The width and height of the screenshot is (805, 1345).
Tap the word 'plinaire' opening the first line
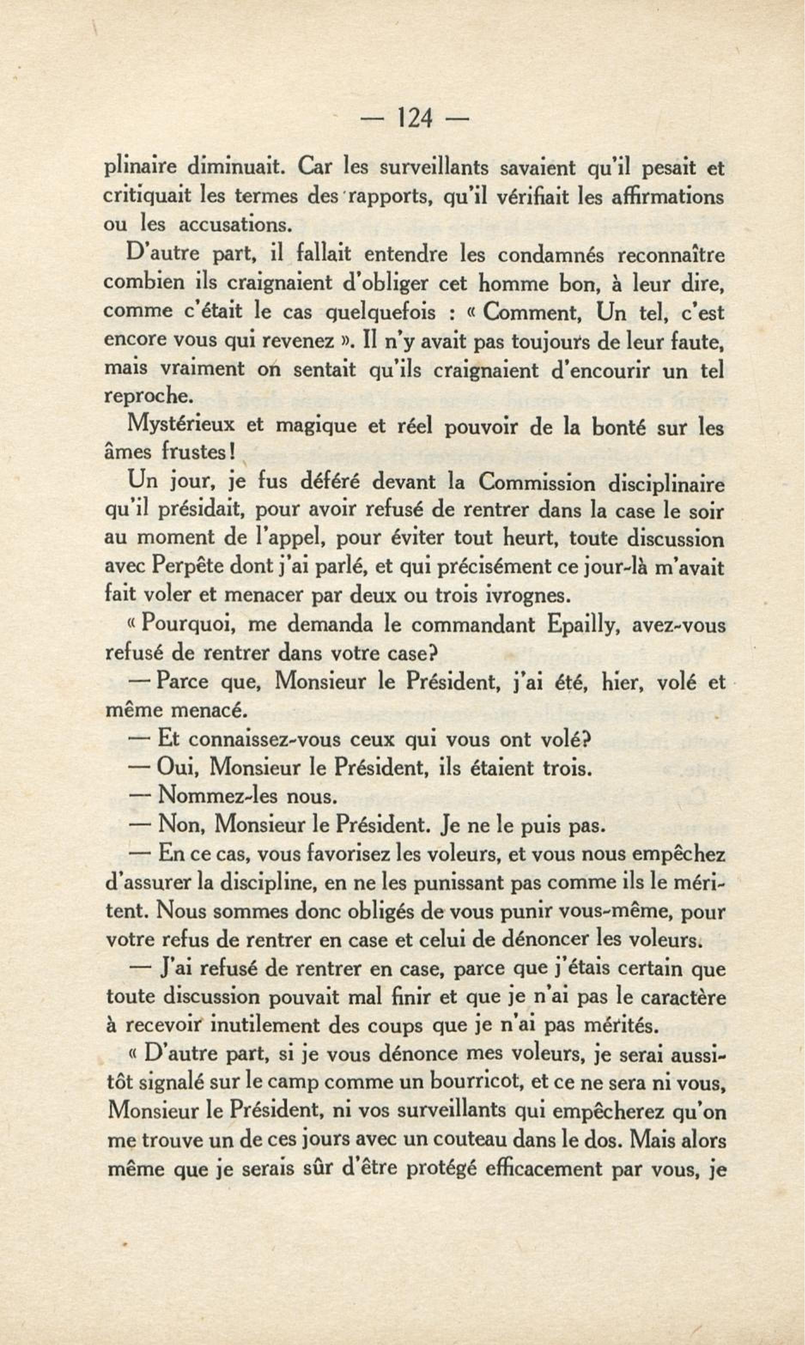139,169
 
